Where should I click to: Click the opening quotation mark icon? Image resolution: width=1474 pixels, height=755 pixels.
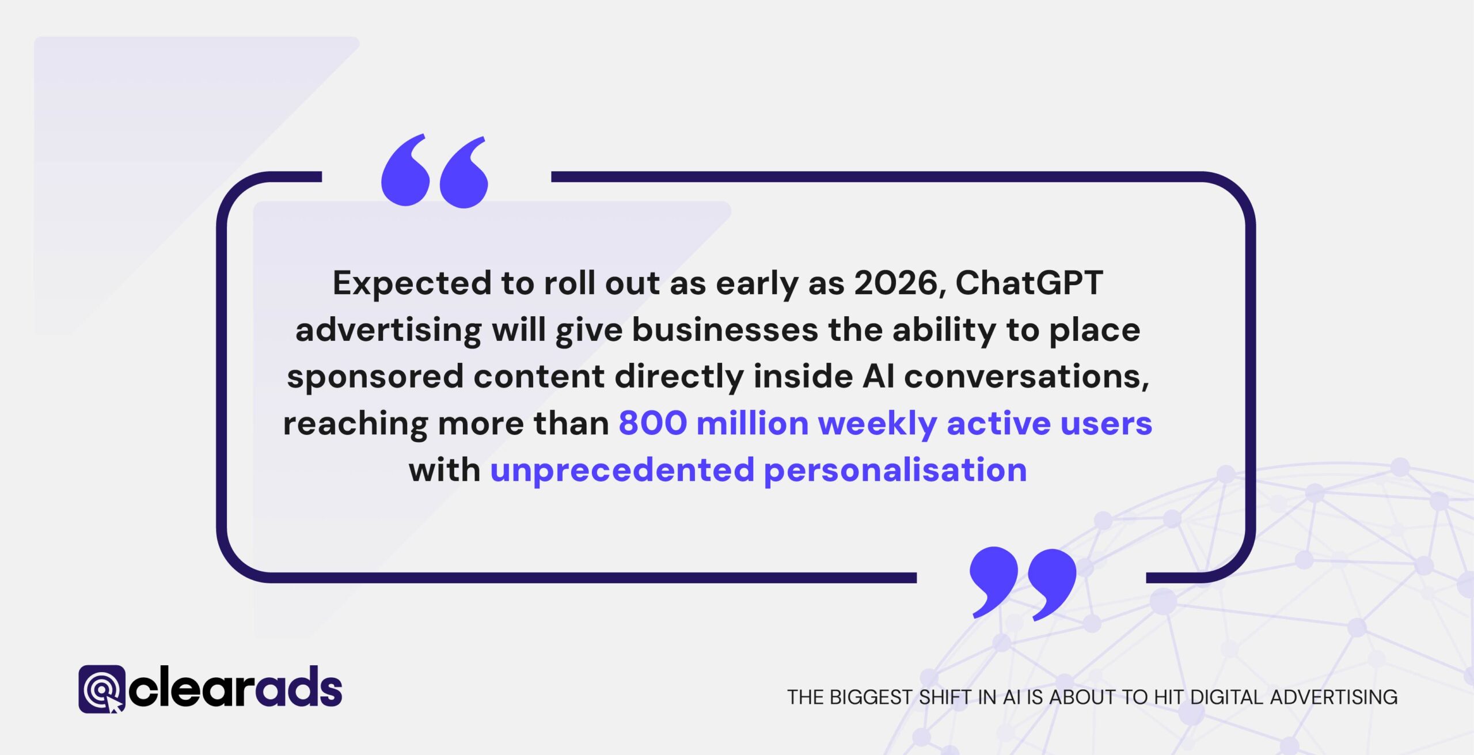coord(435,172)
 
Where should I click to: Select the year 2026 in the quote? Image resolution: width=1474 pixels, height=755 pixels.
coord(896,283)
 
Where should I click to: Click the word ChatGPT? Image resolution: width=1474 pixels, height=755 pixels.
coord(1029,283)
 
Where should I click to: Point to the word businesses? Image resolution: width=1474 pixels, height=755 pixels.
coord(725,331)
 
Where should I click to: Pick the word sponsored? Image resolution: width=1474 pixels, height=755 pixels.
coord(375,377)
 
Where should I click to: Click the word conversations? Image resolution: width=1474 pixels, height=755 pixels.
coord(1025,377)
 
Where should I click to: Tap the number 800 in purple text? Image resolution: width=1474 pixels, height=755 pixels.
coord(652,423)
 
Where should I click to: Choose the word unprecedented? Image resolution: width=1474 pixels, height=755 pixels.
coord(622,471)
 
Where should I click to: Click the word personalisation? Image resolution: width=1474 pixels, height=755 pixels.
coord(895,471)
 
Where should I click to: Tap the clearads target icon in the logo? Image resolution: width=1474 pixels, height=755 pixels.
coord(102,689)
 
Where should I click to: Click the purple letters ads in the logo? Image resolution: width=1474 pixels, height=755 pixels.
coord(299,688)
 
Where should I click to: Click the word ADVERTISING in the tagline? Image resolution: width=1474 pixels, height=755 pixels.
coord(1334,697)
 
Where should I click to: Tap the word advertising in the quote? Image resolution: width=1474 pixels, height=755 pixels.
coord(389,331)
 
